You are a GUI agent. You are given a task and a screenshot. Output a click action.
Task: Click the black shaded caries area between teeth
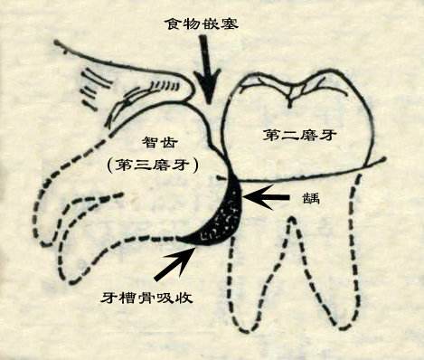click(221, 213)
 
